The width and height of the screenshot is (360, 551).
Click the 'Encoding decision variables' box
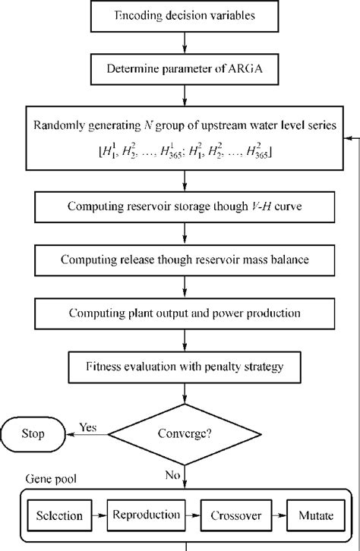pyautogui.click(x=182, y=15)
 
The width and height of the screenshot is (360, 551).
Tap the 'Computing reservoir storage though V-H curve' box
pyautogui.click(x=182, y=206)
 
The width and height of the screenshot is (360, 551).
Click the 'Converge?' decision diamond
pyautogui.click(x=182, y=435)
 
